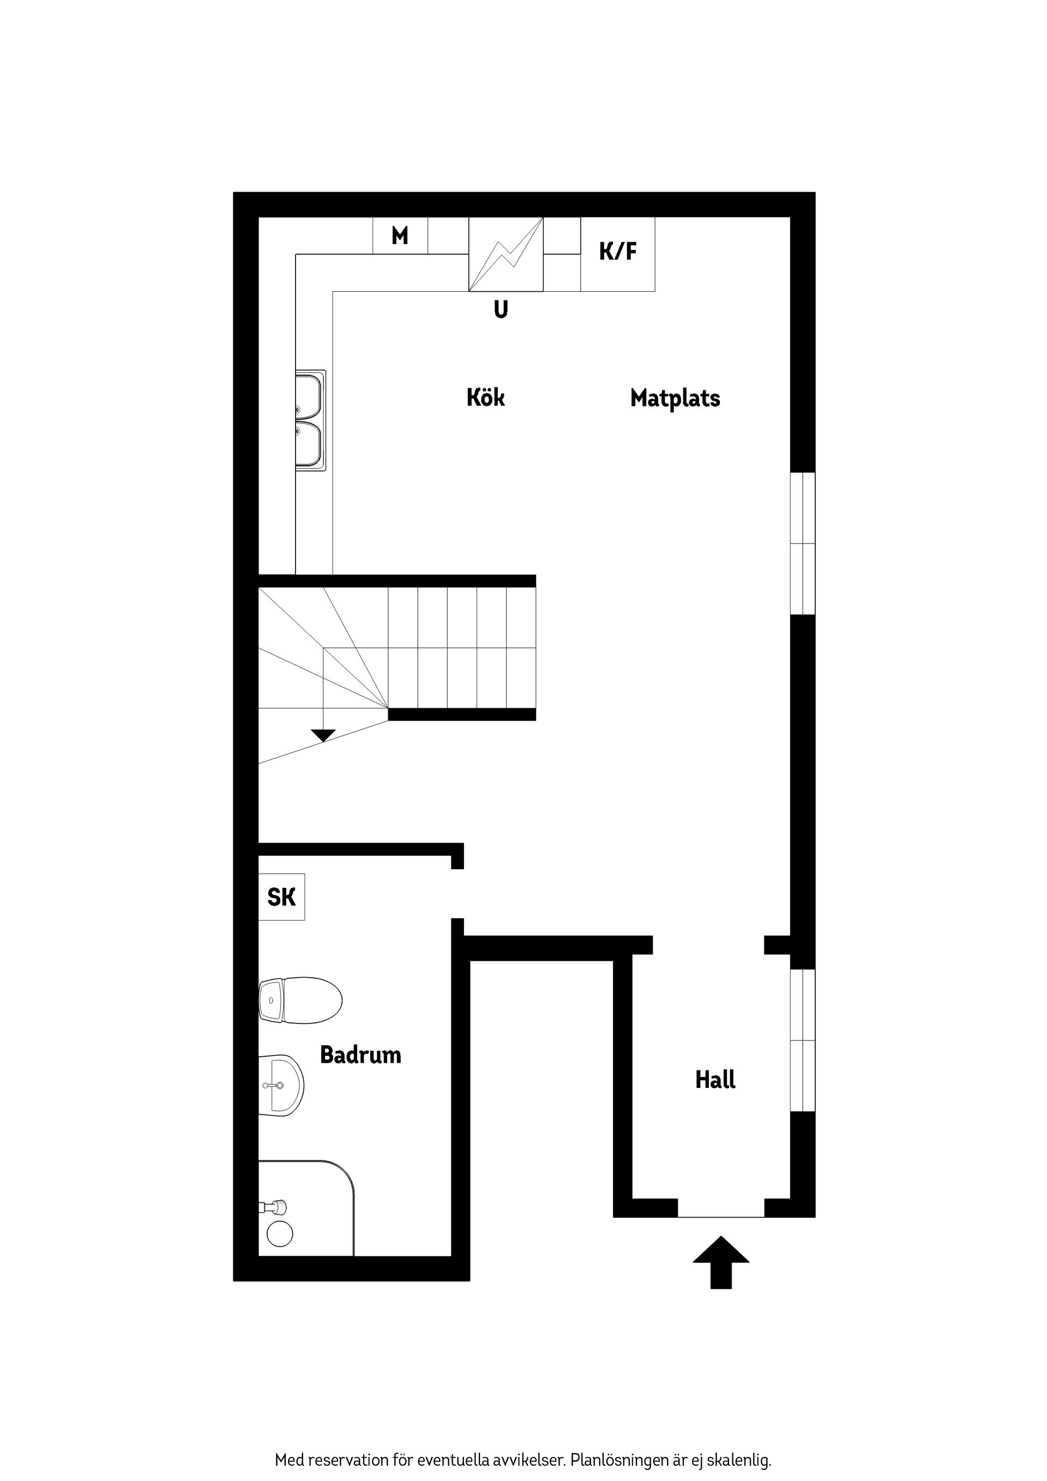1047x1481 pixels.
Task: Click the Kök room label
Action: (x=485, y=398)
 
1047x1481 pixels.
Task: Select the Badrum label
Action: (x=360, y=1055)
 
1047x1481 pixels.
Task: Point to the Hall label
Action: (x=715, y=1080)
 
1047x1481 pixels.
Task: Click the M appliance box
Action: (x=400, y=236)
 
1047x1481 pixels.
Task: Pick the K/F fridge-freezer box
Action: (x=618, y=254)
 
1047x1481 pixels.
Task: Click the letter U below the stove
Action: (x=501, y=310)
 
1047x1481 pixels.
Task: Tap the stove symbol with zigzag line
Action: (x=506, y=254)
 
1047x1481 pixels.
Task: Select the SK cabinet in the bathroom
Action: (x=281, y=897)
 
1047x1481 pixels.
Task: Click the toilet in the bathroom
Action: (x=300, y=1001)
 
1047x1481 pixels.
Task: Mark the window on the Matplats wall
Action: (x=803, y=544)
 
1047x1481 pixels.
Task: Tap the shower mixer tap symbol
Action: (x=274, y=1206)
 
